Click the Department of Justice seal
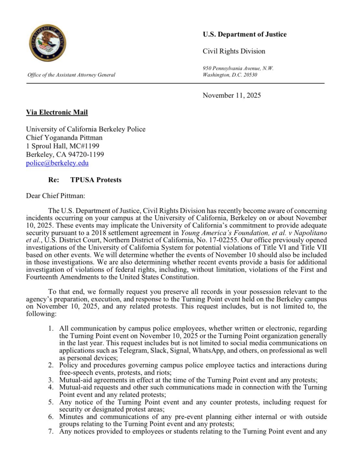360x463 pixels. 47,43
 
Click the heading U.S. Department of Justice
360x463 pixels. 245,34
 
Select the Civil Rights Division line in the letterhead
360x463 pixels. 234,51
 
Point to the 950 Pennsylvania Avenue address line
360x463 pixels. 238,68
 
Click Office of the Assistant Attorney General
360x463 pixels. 71,75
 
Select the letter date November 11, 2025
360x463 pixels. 232,95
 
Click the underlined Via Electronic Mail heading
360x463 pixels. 57,112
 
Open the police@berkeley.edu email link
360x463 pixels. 57,163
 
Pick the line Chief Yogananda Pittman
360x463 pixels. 64,137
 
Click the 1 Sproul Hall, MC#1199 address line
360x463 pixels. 62,146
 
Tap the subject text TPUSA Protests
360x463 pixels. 96,180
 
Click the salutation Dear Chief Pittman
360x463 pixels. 55,196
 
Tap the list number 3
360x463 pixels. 51,380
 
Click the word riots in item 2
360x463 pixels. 162,372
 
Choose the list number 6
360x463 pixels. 51,417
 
